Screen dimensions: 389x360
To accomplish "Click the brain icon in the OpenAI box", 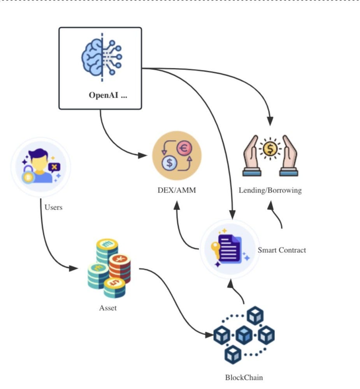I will tap(102, 58).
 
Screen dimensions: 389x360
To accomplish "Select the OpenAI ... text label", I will tap(108, 96).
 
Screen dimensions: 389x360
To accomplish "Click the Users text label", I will tap(53, 207).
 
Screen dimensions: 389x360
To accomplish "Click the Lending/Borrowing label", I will tap(270, 191).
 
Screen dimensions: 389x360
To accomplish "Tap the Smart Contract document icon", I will tap(230, 249).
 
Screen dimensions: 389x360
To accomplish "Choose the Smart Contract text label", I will tap(282, 250).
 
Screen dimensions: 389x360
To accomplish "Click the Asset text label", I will tap(108, 308).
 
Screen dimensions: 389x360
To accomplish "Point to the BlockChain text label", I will tap(244, 377).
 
